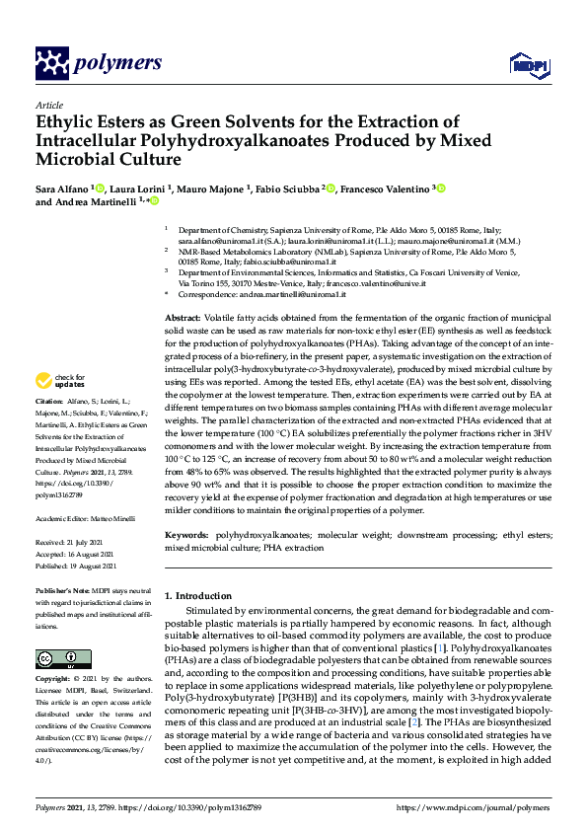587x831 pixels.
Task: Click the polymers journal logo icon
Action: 51,63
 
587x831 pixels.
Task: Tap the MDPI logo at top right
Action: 528,65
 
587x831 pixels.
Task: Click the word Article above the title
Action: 48,104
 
